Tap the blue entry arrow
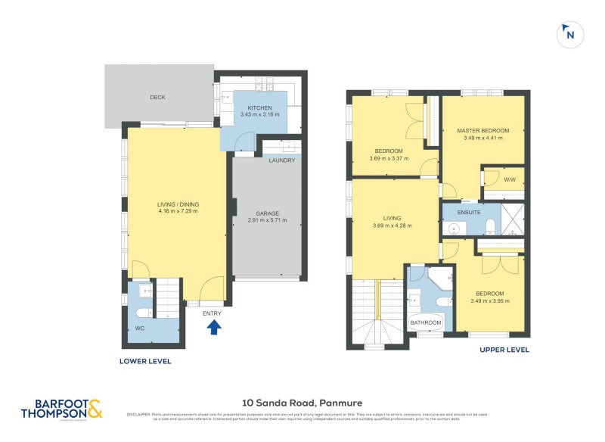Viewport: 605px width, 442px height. pyautogui.click(x=214, y=326)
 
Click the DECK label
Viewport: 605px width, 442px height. pyautogui.click(x=157, y=98)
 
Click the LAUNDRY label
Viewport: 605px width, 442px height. pyautogui.click(x=281, y=160)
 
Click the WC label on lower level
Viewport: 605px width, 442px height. pyautogui.click(x=139, y=328)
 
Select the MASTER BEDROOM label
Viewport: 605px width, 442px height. pyautogui.click(x=482, y=130)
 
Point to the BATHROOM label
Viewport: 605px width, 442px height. pyautogui.click(x=426, y=323)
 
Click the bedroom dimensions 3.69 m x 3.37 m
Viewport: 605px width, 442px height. pyautogui.click(x=389, y=159)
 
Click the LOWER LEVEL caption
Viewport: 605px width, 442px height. pyautogui.click(x=145, y=362)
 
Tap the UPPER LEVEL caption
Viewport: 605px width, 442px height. pyautogui.click(x=504, y=350)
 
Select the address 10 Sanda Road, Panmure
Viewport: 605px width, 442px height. pyautogui.click(x=303, y=403)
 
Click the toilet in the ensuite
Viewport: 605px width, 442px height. pyautogui.click(x=490, y=225)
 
